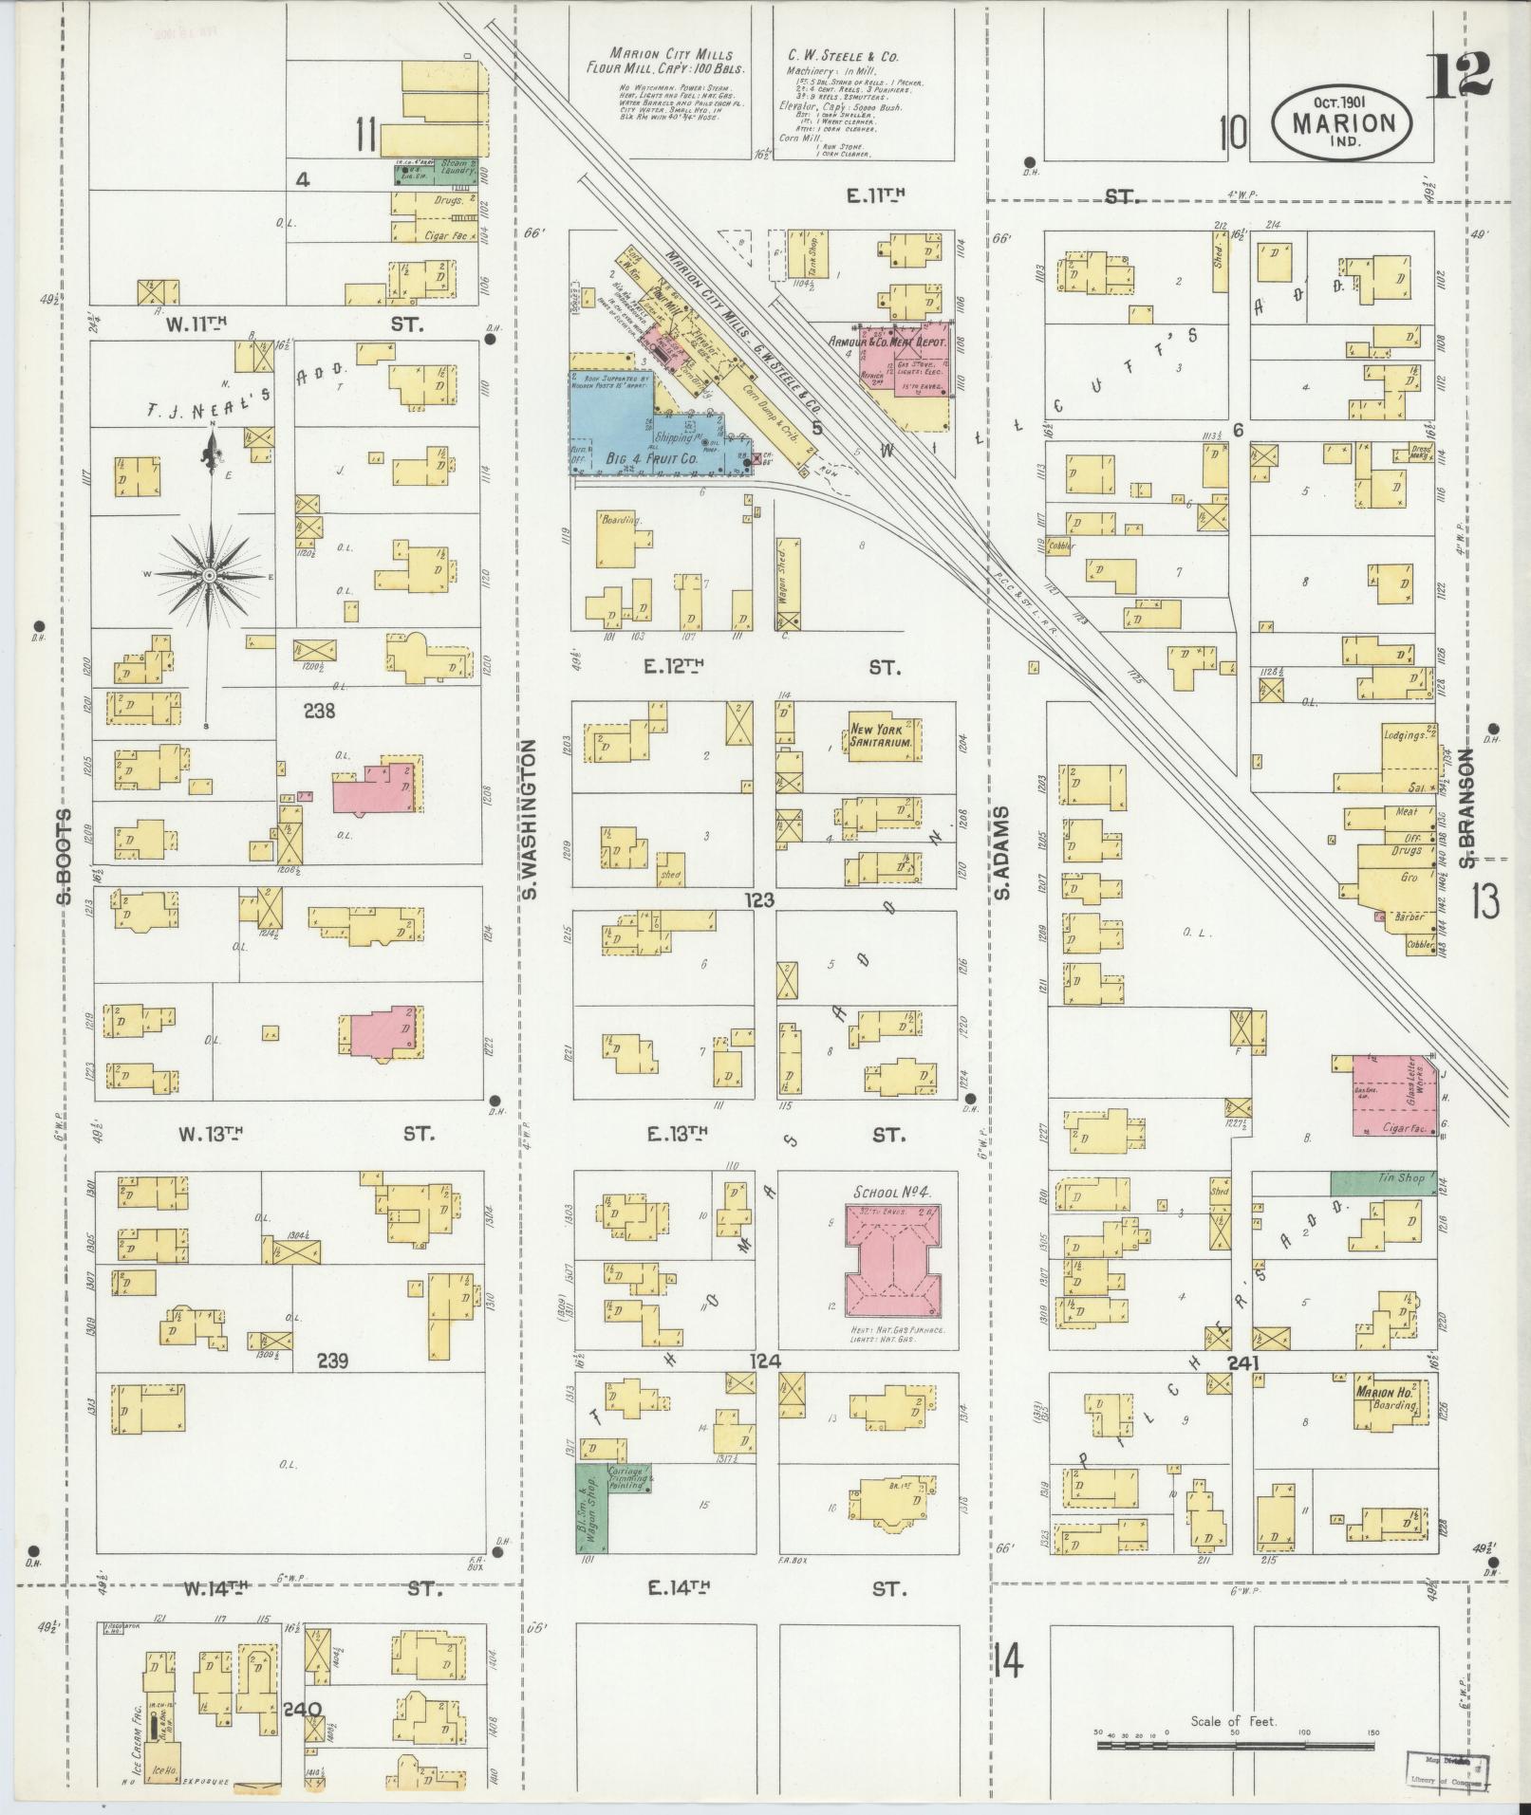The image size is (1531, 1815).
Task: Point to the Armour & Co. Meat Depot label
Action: pyautogui.click(x=896, y=339)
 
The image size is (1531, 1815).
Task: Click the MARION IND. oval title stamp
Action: pyautogui.click(x=1342, y=123)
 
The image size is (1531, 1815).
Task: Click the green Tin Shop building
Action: pyautogui.click(x=1383, y=1182)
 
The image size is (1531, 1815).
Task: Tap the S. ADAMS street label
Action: pyautogui.click(x=1002, y=853)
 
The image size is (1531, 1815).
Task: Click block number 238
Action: pyautogui.click(x=318, y=710)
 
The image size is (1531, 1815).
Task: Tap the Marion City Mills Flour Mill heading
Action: pyautogui.click(x=671, y=62)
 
